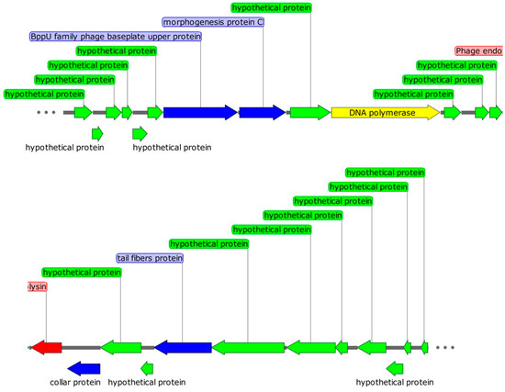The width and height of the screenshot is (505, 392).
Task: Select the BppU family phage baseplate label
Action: (115, 37)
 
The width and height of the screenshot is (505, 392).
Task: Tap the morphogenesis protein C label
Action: (213, 21)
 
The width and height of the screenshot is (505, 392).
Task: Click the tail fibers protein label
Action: (150, 258)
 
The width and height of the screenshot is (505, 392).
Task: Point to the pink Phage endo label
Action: (478, 51)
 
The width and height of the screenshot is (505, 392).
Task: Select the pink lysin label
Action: (37, 286)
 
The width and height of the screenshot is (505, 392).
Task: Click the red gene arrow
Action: (46, 347)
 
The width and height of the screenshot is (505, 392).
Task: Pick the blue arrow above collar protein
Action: (84, 368)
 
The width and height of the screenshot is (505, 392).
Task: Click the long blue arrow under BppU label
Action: (200, 112)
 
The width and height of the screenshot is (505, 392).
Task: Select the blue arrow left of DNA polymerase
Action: (262, 112)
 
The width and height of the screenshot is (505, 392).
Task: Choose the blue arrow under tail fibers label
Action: (183, 347)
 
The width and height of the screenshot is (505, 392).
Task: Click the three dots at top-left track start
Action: (48, 112)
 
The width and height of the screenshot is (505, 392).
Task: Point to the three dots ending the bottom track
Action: (445, 348)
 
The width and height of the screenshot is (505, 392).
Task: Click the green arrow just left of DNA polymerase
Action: (309, 112)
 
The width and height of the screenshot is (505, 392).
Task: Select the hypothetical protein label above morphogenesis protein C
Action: (271, 7)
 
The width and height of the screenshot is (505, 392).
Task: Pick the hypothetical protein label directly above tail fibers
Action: (208, 243)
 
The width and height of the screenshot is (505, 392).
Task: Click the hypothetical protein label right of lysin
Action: (82, 273)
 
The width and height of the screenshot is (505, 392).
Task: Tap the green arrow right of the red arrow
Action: (120, 347)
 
